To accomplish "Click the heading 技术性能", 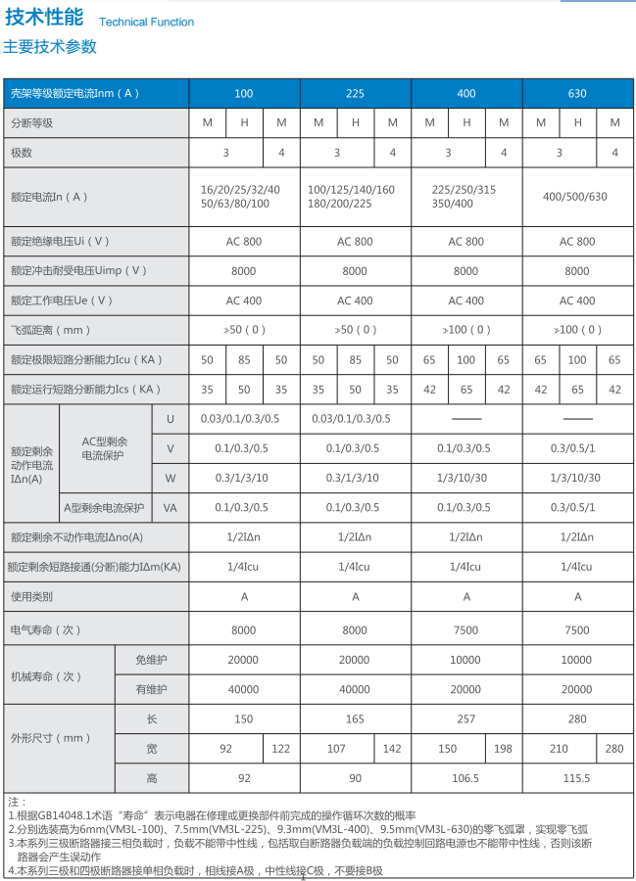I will coord(44,19).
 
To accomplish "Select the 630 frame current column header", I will coord(577,94).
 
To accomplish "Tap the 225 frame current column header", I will coord(355,94).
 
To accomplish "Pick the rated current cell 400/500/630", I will coord(577,196).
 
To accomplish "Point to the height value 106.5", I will coord(466,778).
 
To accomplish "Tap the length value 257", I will coord(466,719).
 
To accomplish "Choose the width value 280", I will coord(614,749).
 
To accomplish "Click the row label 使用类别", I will coord(32,596).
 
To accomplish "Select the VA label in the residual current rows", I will coord(170,507).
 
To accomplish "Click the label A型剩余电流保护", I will coord(104,507).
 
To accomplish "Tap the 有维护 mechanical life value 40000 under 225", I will coord(355,689).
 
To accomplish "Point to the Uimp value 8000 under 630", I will coord(577,271).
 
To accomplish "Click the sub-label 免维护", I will coord(152,660).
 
